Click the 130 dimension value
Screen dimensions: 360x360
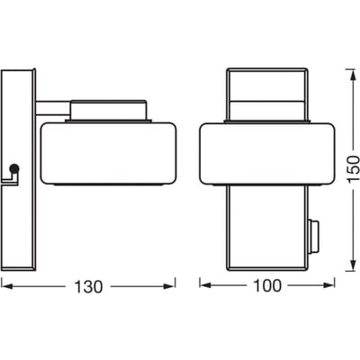pos(88,287)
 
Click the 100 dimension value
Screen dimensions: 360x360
pos(267,285)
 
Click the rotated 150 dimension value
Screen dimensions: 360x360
pos(354,168)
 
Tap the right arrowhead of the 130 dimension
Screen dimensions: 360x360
pos(169,287)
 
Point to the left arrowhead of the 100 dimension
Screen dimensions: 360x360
pos(206,285)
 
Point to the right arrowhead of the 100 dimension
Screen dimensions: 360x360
pos(328,285)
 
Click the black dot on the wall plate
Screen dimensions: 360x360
pos(14,168)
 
